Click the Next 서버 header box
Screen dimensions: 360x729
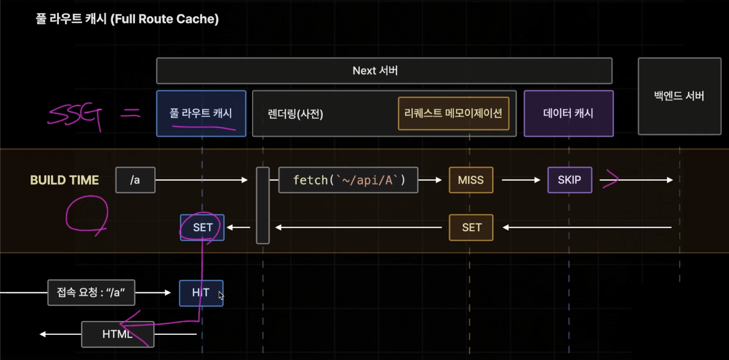coord(384,71)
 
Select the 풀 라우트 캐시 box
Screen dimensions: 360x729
coord(201,113)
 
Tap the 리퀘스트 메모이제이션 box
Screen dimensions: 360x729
coord(453,113)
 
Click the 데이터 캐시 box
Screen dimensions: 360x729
coord(568,113)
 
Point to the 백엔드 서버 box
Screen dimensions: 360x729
coord(679,96)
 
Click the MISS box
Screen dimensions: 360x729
coord(471,180)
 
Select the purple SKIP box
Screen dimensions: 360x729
coord(569,180)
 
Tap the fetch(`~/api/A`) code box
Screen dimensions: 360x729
coord(348,180)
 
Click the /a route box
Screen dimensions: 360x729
coord(136,180)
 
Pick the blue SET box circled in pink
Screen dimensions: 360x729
coord(202,228)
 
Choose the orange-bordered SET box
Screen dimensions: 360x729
coord(471,228)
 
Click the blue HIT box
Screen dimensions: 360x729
coord(201,293)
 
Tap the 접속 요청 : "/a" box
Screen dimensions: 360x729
coord(91,293)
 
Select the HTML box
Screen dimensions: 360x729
coord(118,334)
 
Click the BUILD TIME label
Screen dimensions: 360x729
coord(65,180)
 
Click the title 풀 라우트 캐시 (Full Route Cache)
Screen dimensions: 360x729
coord(126,19)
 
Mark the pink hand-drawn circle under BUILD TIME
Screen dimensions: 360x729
coord(87,215)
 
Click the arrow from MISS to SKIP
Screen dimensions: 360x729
coord(520,180)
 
